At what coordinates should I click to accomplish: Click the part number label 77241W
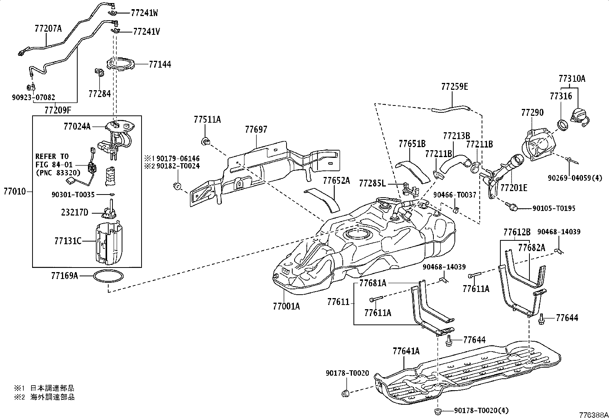click(144, 13)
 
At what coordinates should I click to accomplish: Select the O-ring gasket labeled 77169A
click(108, 271)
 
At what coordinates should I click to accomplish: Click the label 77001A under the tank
click(286, 306)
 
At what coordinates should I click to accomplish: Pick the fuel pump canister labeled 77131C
click(109, 244)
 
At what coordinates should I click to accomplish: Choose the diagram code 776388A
click(593, 415)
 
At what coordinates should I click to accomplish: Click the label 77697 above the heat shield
click(256, 129)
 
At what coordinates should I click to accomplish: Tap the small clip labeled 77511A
click(206, 141)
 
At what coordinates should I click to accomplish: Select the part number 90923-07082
click(33, 97)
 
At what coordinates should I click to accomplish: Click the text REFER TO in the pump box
click(52, 156)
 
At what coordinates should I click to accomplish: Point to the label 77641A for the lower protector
click(406, 351)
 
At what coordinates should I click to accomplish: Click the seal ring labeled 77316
click(562, 125)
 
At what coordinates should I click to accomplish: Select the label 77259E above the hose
click(454, 87)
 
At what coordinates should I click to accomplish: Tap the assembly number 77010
click(15, 191)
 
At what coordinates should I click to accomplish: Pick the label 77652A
click(337, 181)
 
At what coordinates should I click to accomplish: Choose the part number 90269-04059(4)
click(575, 178)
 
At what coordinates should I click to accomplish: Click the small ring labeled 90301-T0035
click(113, 194)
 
